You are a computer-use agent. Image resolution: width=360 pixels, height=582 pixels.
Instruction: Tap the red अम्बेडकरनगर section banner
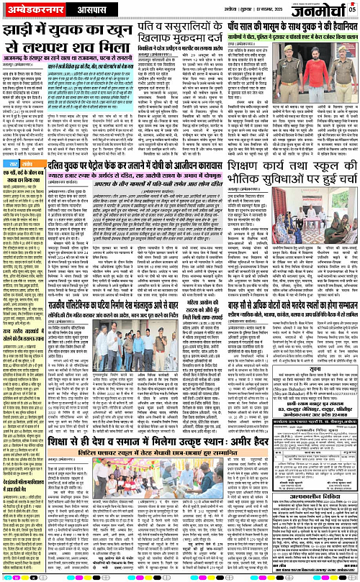click(28, 10)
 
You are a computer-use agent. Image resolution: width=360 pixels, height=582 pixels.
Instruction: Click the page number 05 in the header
click(353, 9)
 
